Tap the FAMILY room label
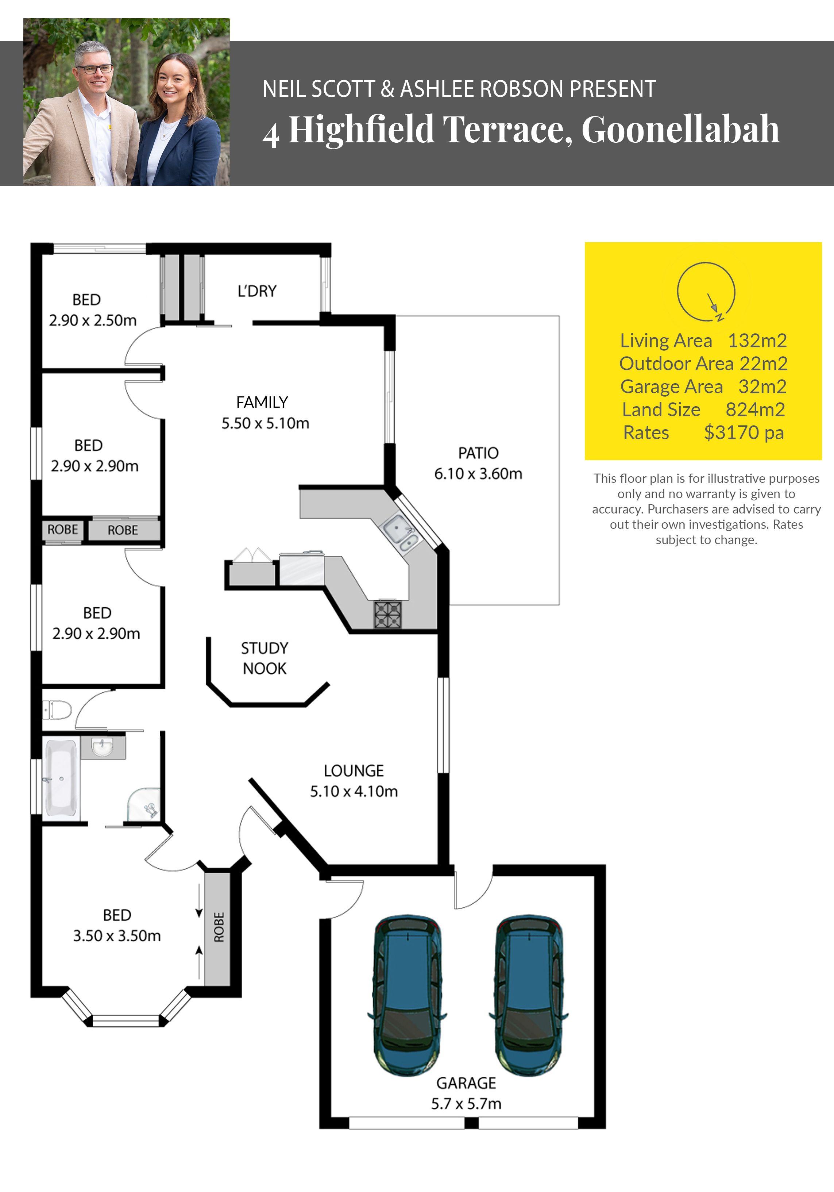click(262, 402)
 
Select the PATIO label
click(478, 453)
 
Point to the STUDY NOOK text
click(265, 658)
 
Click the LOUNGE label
click(354, 771)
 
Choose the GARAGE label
click(466, 1083)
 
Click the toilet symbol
click(57, 710)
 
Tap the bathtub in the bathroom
click(61, 778)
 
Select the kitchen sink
click(401, 533)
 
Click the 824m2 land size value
click(755, 409)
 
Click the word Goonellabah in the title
click(680, 129)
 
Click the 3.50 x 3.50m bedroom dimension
click(117, 935)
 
